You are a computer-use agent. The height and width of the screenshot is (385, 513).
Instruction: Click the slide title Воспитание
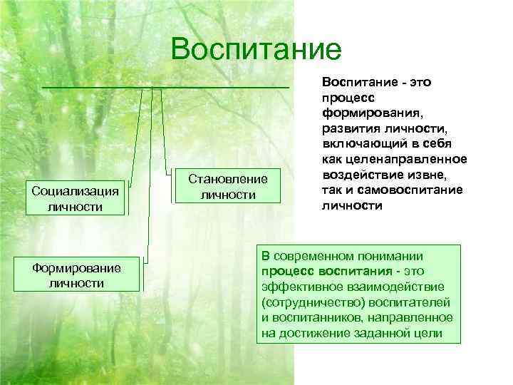pyautogui.click(x=256, y=49)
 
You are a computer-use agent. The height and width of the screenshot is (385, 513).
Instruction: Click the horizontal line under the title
pyautogui.click(x=166, y=87)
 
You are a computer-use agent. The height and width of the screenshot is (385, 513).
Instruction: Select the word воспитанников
pyautogui.click(x=318, y=318)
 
